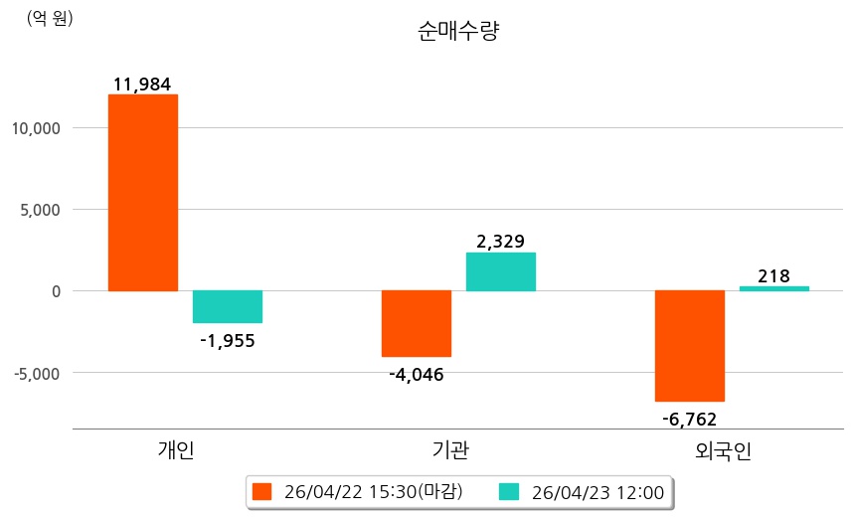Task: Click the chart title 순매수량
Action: point(458,31)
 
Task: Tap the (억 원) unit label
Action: point(50,18)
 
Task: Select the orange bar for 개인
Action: point(143,193)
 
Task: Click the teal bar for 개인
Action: point(228,306)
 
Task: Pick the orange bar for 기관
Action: point(417,323)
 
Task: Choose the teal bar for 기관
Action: point(501,271)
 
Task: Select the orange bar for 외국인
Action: point(690,345)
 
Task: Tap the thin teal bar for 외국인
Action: point(774,288)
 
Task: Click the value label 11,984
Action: point(143,85)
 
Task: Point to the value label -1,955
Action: point(228,341)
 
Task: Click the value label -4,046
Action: point(417,375)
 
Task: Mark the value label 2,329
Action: point(501,241)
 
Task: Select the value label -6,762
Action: point(689,419)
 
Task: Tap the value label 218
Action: point(773,275)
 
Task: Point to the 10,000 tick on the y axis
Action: point(36,128)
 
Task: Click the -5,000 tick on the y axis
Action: point(36,373)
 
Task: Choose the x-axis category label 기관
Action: point(451,451)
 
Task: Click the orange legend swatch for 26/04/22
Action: point(262,491)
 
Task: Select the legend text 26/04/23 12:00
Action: point(597,491)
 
